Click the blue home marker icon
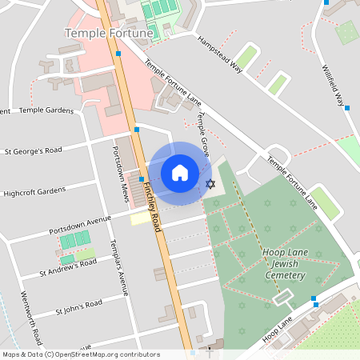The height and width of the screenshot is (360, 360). click(x=180, y=172)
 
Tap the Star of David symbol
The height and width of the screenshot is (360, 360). click(x=211, y=184)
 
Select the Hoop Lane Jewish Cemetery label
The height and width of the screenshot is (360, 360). click(x=284, y=264)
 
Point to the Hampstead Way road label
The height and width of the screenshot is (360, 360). click(x=219, y=54)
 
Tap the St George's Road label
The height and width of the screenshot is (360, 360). click(x=33, y=150)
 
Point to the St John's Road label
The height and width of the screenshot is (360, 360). click(x=78, y=307)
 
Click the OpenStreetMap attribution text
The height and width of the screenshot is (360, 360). click(x=81, y=354)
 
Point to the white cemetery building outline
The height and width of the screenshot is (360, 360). click(x=283, y=298)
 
